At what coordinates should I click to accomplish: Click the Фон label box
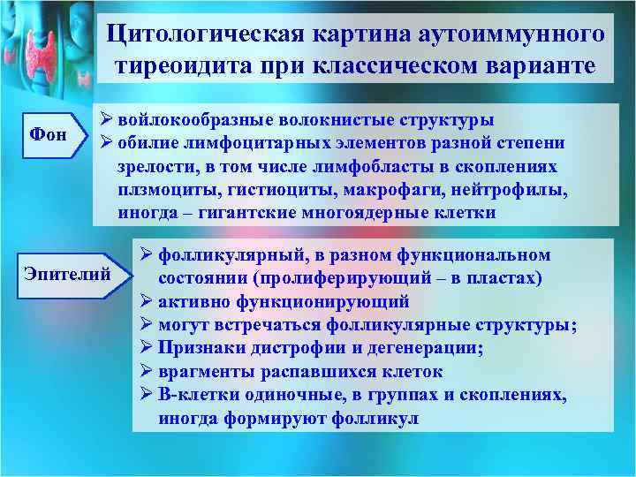(49, 135)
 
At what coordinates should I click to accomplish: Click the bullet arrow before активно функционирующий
(148, 302)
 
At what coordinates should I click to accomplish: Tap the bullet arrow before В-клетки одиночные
(148, 395)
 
